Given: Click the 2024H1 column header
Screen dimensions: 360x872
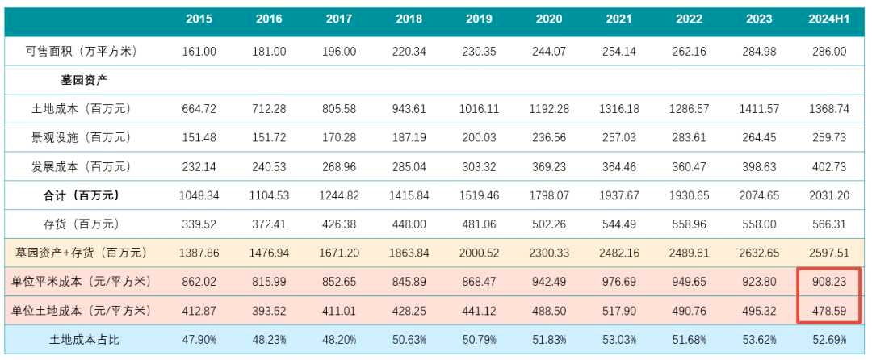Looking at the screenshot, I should tap(827, 19).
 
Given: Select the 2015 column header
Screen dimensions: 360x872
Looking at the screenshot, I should tap(199, 19).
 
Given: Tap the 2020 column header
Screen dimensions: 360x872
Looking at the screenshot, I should tap(548, 19).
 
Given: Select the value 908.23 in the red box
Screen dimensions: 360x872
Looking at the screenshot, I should tap(828, 282).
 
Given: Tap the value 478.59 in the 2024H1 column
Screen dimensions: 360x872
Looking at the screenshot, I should tap(828, 310).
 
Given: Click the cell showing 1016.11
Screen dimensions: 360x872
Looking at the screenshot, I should tap(479, 108).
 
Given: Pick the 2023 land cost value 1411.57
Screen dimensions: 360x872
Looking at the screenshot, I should tap(758, 108).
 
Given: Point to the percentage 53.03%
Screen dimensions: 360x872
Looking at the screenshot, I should tap(618, 339).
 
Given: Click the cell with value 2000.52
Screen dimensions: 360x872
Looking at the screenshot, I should tap(479, 253).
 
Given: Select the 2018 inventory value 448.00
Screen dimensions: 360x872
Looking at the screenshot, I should tap(409, 224).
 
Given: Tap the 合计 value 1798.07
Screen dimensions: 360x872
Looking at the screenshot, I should tap(548, 195).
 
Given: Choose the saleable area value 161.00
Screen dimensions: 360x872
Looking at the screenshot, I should tap(199, 51).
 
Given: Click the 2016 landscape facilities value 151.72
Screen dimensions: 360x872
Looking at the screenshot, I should tap(269, 137).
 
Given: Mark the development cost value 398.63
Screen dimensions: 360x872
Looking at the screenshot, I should tap(758, 166).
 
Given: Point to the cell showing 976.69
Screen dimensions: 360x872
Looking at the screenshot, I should tap(618, 282).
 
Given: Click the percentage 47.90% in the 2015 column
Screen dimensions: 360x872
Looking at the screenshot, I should tap(199, 339).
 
